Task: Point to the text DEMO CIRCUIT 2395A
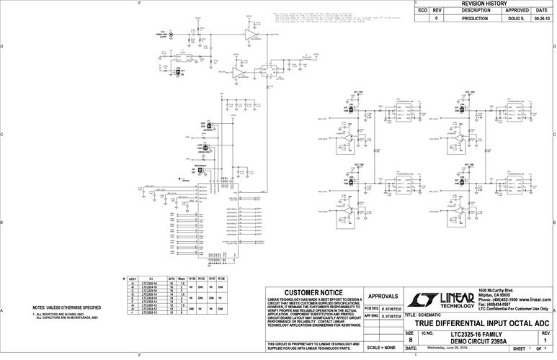(x=478, y=341)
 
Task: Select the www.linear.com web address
(x=527, y=300)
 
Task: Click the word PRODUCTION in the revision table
(x=476, y=18)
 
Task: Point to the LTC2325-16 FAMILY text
(x=478, y=334)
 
